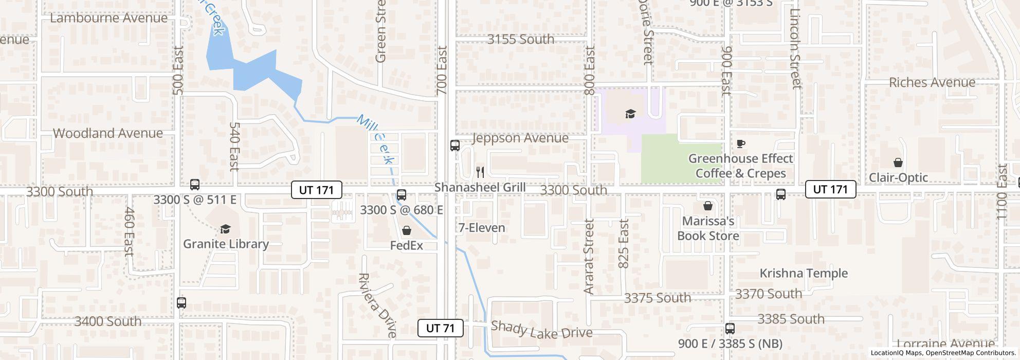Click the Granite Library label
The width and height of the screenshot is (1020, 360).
coord(226,244)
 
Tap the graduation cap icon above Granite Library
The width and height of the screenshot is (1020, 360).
coord(225,229)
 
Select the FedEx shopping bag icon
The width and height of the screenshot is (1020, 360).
coord(407,230)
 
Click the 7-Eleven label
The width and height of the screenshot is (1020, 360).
coord(482,227)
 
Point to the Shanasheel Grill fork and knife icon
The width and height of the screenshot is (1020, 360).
coord(480,172)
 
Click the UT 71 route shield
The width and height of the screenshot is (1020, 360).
coord(441,328)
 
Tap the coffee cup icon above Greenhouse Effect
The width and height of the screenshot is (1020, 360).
coord(741,143)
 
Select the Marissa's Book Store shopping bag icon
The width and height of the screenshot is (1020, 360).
coord(708,206)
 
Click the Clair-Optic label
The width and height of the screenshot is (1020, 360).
coord(898,177)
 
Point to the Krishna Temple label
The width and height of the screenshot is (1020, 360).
coord(804,273)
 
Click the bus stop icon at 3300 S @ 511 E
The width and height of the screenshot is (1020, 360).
coord(195,185)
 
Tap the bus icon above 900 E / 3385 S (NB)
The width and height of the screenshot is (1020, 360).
coord(730,328)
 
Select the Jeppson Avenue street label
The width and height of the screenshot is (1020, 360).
coord(520,138)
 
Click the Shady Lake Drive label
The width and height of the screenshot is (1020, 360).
coord(541,330)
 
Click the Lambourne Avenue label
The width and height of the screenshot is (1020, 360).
coord(109,18)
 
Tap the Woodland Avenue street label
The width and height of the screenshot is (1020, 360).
coord(108,133)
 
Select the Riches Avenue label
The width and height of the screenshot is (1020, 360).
coord(932,82)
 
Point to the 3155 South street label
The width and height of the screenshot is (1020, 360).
coord(521,39)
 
